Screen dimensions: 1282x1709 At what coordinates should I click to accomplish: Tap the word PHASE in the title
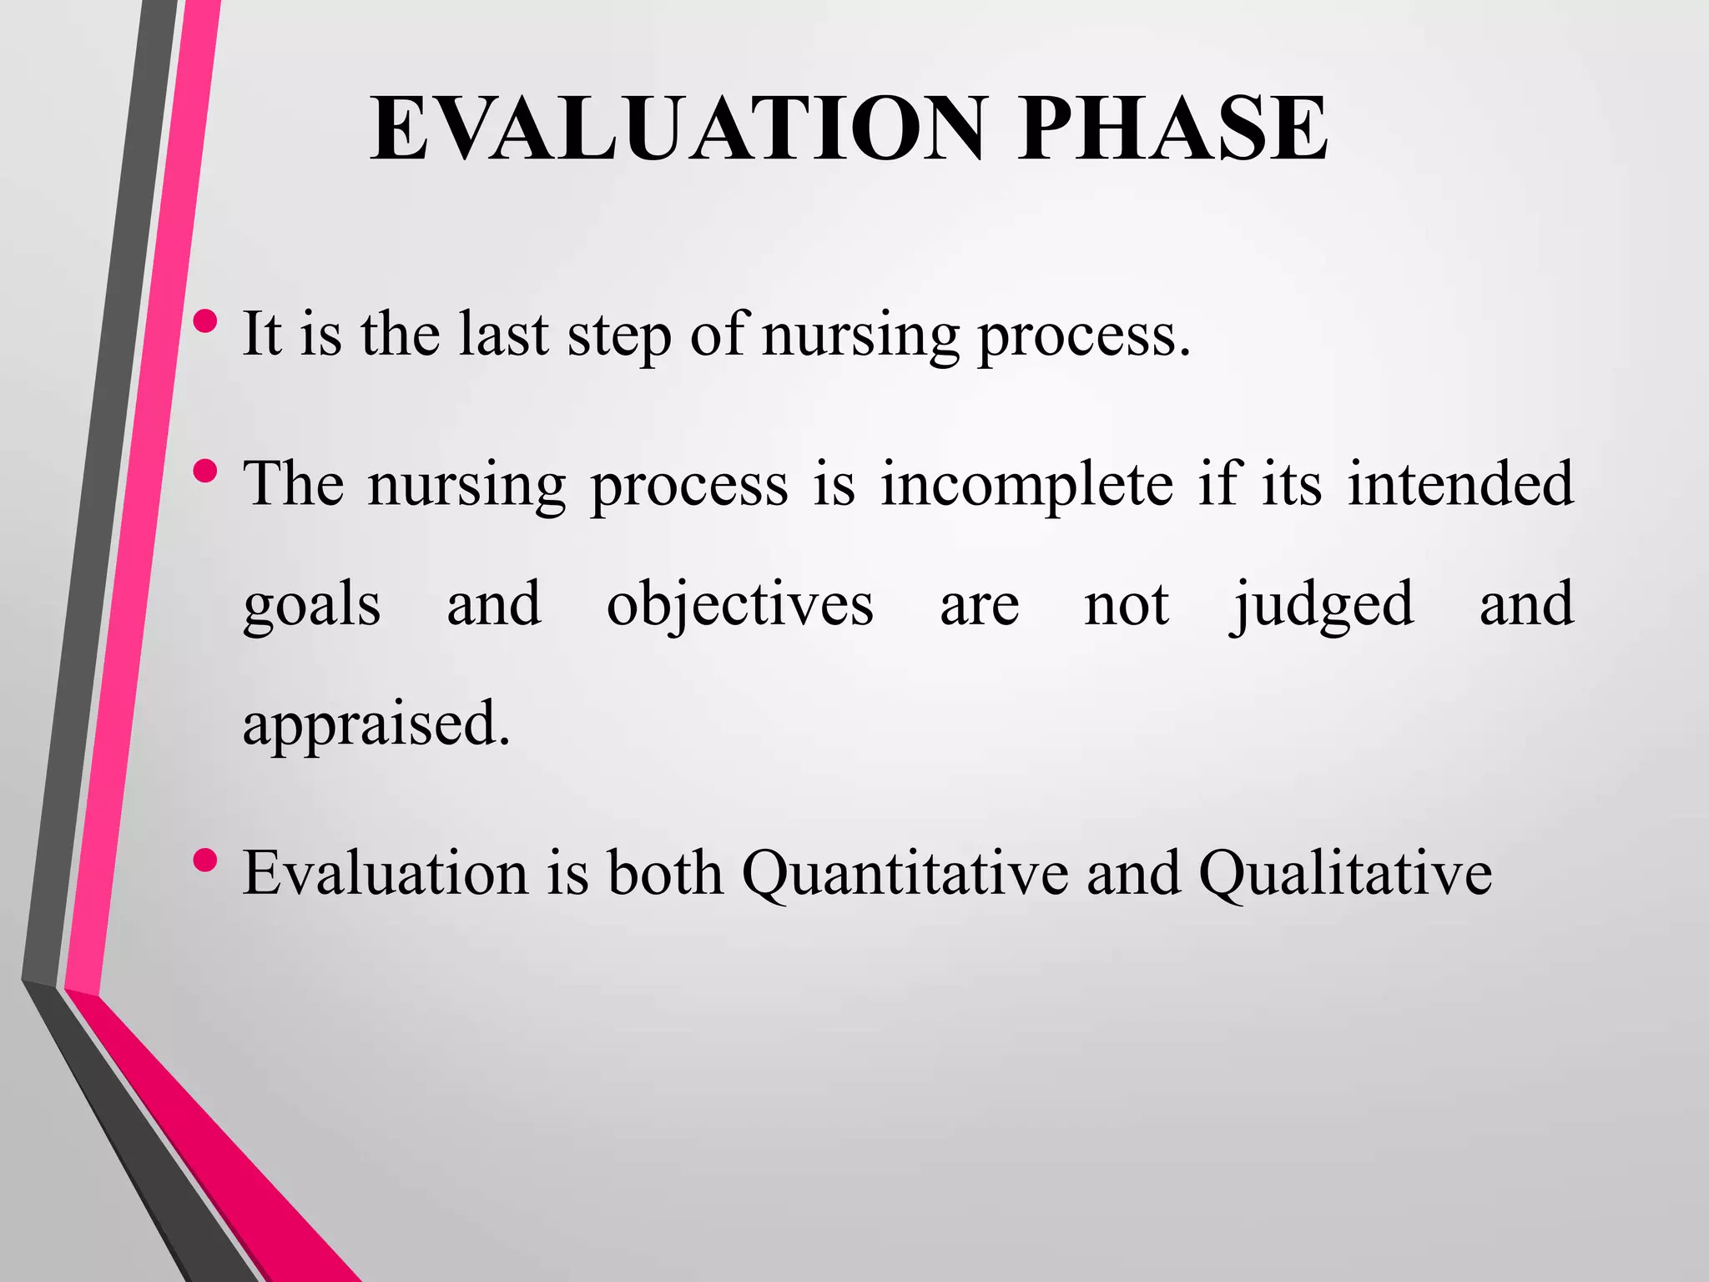pos(1172,129)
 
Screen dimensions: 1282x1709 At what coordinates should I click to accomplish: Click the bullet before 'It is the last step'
pos(205,320)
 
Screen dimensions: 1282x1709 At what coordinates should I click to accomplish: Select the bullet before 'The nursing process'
pos(205,472)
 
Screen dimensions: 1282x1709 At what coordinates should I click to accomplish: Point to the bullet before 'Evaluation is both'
pos(205,859)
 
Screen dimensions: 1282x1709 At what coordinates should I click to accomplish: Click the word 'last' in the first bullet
pos(503,335)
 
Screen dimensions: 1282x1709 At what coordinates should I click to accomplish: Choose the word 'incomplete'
pos(1026,485)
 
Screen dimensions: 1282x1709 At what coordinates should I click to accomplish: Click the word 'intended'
pos(1460,483)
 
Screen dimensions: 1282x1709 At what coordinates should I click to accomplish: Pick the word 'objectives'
pos(739,605)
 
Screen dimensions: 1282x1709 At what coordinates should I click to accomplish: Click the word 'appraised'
pos(376,724)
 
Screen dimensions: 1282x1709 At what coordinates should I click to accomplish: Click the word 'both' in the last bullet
pos(665,874)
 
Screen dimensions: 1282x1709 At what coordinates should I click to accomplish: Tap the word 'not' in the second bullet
pos(1126,605)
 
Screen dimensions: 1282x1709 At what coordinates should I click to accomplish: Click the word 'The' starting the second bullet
pos(293,483)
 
